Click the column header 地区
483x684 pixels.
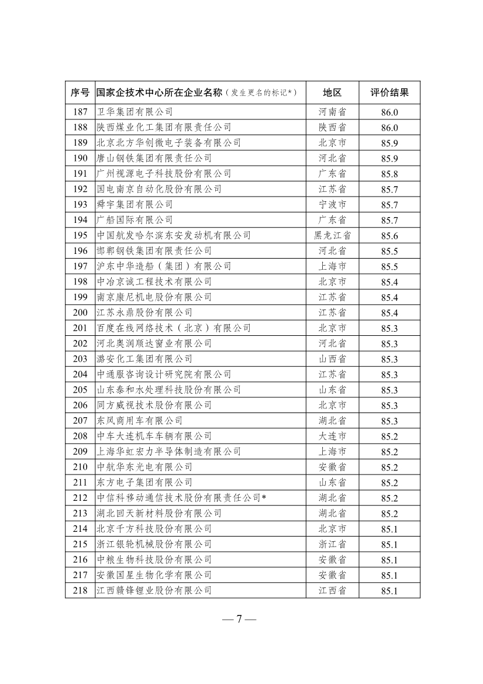pos(332,92)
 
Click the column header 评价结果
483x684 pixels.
pos(389,92)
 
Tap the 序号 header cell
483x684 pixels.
pos(80,92)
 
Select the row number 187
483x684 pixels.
pos(80,112)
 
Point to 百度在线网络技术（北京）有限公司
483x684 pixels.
pos(174,328)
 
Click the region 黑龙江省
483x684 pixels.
pos(332,235)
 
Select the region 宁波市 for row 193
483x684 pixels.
pos(332,205)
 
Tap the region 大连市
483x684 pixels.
pos(332,436)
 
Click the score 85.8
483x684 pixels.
pos(389,174)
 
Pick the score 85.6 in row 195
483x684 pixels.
pos(389,236)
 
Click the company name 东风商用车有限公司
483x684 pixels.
pos(139,421)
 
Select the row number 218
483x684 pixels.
pos(80,591)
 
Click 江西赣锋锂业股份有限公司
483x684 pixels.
pos(154,591)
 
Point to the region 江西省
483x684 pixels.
pos(332,591)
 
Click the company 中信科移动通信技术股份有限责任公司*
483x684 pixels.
pos(181,498)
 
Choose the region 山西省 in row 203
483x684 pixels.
pos(332,359)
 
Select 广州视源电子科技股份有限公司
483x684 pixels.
pos(164,174)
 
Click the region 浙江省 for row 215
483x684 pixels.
pos(332,544)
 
